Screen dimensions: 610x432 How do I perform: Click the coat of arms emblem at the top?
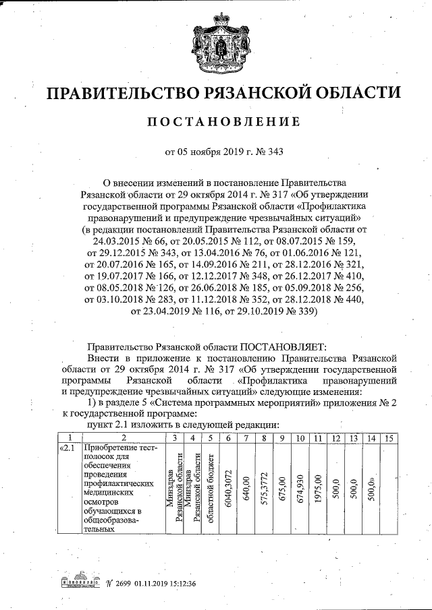pos(223,42)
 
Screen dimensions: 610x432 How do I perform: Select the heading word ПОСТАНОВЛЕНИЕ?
pos(223,122)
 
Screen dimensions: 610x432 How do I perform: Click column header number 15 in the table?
pos(387,439)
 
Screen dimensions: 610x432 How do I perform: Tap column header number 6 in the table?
pos(229,439)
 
